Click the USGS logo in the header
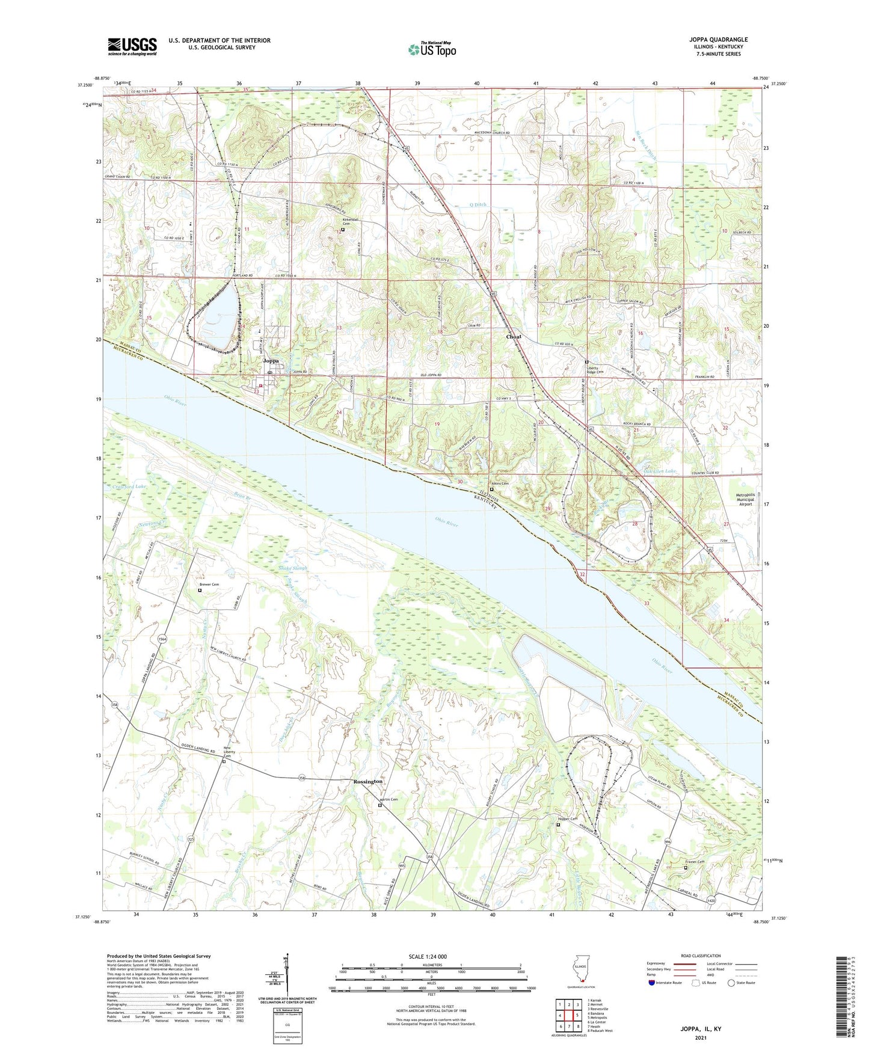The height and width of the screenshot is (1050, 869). point(132,46)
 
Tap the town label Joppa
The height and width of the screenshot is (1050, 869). point(271,361)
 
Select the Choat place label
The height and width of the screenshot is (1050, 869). point(513,337)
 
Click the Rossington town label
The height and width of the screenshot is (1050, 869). point(367,781)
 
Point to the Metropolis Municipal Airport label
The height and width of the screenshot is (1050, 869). point(746,500)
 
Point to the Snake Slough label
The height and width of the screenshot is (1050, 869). point(293,568)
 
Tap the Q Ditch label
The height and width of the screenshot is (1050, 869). point(477,204)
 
